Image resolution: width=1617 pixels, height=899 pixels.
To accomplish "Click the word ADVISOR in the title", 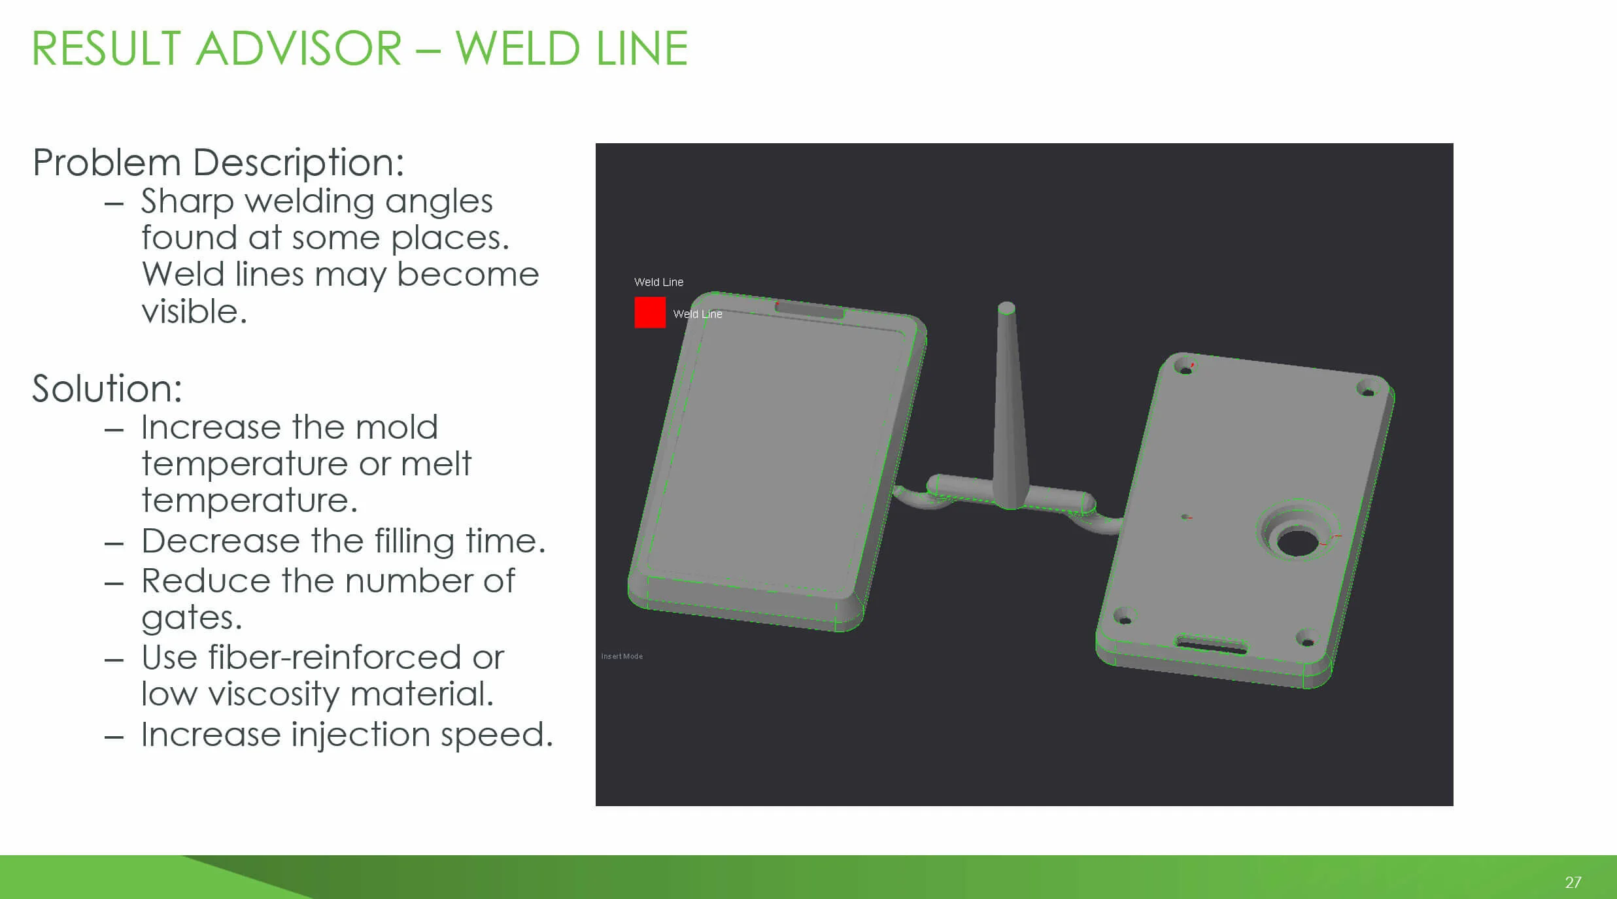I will pyautogui.click(x=299, y=48).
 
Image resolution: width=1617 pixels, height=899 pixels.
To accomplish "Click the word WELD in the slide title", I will pyautogui.click(x=517, y=48).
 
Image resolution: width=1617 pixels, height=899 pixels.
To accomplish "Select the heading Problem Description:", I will pyautogui.click(x=218, y=162).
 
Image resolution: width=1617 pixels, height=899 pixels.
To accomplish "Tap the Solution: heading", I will pyautogui.click(x=107, y=388).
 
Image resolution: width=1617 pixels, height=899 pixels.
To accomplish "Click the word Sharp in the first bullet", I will pyautogui.click(x=187, y=201).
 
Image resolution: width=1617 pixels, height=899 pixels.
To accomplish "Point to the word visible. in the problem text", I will pyautogui.click(x=194, y=311).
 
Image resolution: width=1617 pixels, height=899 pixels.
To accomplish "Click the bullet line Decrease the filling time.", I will pyautogui.click(x=343, y=541).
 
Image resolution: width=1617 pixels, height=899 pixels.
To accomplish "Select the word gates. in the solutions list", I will pyautogui.click(x=192, y=617).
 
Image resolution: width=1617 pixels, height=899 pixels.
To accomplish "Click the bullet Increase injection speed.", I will pyautogui.click(x=347, y=734).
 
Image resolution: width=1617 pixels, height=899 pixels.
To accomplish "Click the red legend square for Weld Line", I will pyautogui.click(x=649, y=313).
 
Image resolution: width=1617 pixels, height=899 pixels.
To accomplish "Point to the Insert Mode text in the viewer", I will pyautogui.click(x=622, y=656).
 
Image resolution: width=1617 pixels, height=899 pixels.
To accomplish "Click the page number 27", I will pyautogui.click(x=1573, y=882).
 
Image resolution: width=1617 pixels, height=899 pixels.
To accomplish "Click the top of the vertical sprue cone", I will pyautogui.click(x=1006, y=308).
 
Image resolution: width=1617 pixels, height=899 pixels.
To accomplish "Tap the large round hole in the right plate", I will pyautogui.click(x=1297, y=542).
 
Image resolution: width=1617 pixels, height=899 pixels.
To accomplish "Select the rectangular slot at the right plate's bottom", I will pyautogui.click(x=1211, y=646).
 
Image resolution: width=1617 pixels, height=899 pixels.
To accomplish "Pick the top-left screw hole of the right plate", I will pyautogui.click(x=1184, y=367).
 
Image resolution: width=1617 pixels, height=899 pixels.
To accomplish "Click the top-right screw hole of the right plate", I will pyautogui.click(x=1366, y=389).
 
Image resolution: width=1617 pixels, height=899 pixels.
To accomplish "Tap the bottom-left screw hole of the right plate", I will pyautogui.click(x=1124, y=617).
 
